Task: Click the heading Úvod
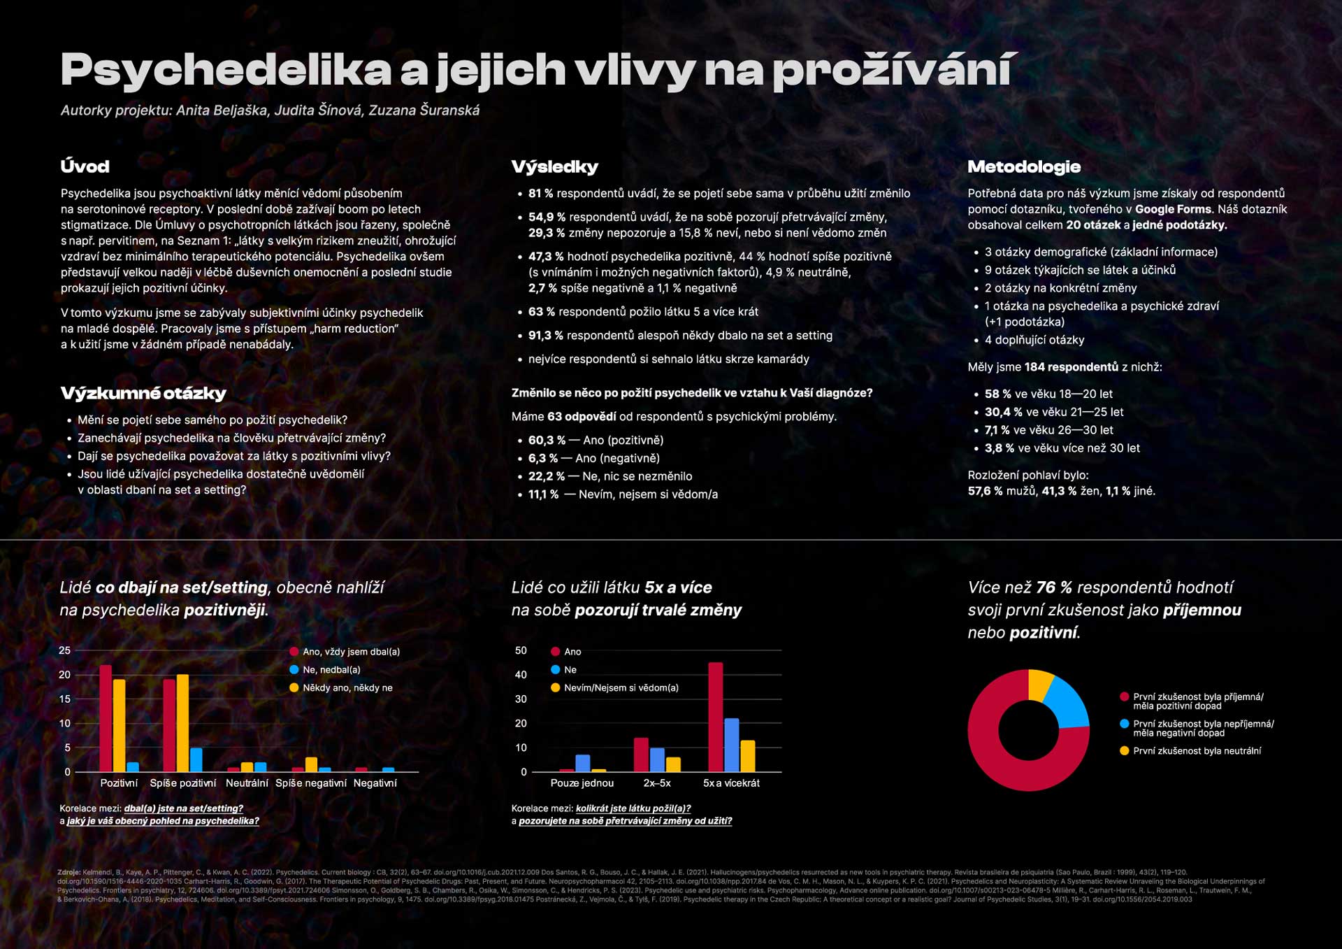[85, 166]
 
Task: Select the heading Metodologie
[1024, 166]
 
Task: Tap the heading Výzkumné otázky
[143, 393]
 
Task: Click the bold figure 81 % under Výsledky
[540, 193]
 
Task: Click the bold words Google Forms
[1173, 209]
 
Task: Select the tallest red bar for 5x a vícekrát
[715, 717]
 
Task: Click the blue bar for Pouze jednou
[582, 763]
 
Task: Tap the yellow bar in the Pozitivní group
[120, 725]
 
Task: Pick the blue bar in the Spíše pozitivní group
[196, 759]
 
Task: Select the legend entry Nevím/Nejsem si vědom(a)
[620, 688]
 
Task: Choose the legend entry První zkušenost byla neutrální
[1196, 751]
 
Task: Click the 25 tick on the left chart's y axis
[65, 650]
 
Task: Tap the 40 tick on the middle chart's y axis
[521, 675]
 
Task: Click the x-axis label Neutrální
[247, 783]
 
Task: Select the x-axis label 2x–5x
[657, 783]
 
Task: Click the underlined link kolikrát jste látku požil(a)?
[633, 808]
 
